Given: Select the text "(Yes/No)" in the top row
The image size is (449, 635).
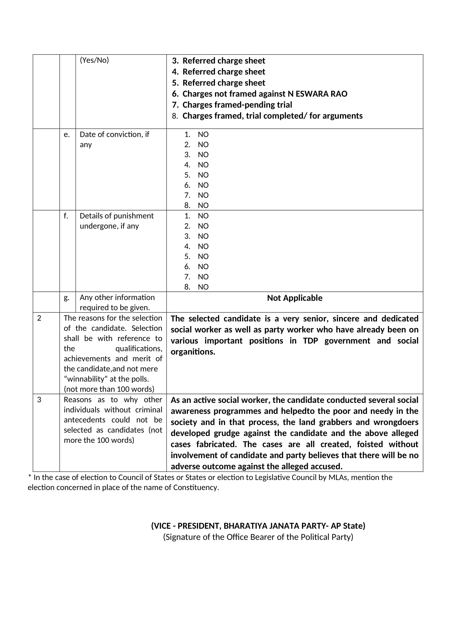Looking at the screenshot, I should click(x=94, y=60).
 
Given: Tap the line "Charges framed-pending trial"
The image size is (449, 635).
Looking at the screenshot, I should click(x=237, y=105).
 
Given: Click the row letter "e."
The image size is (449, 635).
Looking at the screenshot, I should click(x=67, y=135).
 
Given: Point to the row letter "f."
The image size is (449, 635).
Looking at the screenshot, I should click(x=66, y=216).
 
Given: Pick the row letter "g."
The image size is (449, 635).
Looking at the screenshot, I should click(x=67, y=298).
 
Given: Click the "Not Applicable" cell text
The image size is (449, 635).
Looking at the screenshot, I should click(x=295, y=298).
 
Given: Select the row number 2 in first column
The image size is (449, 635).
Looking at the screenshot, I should click(x=39, y=318).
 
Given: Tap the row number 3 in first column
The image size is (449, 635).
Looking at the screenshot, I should click(x=39, y=400).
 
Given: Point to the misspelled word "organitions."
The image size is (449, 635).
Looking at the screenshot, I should click(x=193, y=352).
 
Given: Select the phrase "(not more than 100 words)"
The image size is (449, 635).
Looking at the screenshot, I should click(x=109, y=389).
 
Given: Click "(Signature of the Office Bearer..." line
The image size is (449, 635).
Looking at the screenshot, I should click(x=258, y=537).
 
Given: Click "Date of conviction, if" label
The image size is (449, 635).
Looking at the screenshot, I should click(x=114, y=135).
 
